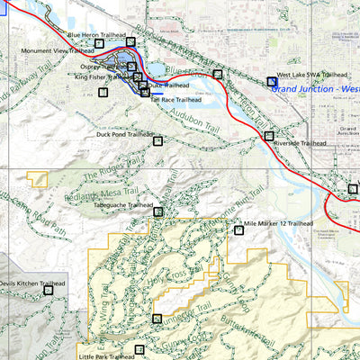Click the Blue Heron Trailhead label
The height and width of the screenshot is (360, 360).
(x=96, y=35)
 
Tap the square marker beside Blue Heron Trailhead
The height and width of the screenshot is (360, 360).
(x=130, y=41)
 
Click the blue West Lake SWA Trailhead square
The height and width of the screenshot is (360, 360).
(x=273, y=81)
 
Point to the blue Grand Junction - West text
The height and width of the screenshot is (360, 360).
(x=315, y=89)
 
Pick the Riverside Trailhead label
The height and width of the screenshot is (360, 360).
(x=300, y=143)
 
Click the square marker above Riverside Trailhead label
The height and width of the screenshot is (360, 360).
(x=269, y=136)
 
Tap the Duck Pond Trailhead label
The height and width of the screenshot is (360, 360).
(x=125, y=134)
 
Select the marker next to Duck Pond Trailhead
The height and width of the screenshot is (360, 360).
(x=157, y=140)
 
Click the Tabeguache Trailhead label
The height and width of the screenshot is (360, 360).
(x=123, y=205)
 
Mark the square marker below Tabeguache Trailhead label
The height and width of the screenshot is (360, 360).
(x=158, y=212)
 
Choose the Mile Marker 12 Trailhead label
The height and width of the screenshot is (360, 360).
(x=278, y=222)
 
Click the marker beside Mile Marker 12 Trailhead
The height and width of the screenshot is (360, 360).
(x=238, y=230)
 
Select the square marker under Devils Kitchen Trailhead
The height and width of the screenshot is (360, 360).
(x=49, y=289)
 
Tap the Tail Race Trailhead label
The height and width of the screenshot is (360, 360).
(x=175, y=100)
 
